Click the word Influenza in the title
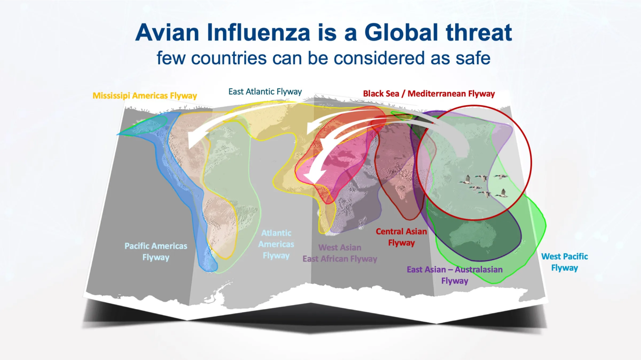coord(258,33)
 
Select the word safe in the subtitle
coord(473,58)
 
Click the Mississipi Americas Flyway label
coord(145,96)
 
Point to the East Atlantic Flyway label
coord(265,92)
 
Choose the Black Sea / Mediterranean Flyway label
coord(429,94)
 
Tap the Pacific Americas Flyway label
coord(156,252)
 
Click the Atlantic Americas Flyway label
coord(276,244)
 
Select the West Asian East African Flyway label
coord(340,253)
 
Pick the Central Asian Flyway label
coord(401,237)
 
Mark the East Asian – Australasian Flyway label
coord(455,275)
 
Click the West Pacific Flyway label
coord(565,262)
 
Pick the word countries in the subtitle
coord(229,58)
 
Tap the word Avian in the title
coord(167,33)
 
